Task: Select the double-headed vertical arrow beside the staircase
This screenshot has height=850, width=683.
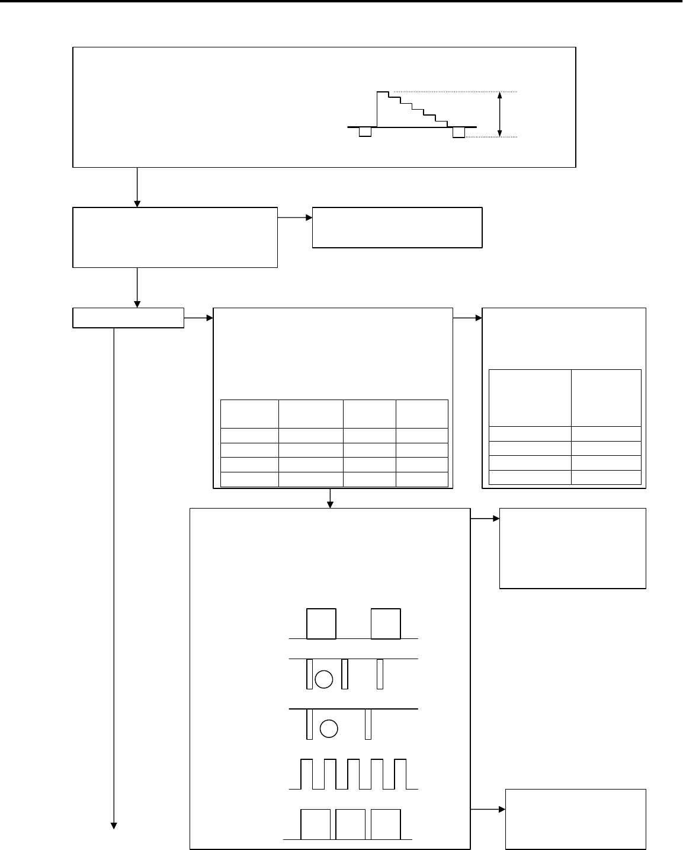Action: (x=501, y=114)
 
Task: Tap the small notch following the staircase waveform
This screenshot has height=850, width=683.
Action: (x=459, y=132)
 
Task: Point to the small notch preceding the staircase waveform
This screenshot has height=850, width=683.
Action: (x=365, y=132)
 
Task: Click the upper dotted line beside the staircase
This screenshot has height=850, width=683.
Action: (x=456, y=92)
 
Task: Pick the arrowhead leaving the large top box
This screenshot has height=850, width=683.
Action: (x=137, y=203)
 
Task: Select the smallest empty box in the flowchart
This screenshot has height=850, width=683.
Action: (x=128, y=318)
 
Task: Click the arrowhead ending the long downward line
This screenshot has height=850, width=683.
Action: (x=113, y=826)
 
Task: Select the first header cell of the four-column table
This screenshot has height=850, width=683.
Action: (x=249, y=413)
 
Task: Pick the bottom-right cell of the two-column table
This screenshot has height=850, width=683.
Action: (x=606, y=477)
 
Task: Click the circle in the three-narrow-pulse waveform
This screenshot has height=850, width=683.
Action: (x=323, y=679)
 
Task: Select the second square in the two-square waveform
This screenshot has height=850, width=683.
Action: (x=386, y=624)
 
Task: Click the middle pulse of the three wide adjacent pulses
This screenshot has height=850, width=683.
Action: (x=350, y=825)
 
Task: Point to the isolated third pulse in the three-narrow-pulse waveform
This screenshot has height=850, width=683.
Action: (x=380, y=674)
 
